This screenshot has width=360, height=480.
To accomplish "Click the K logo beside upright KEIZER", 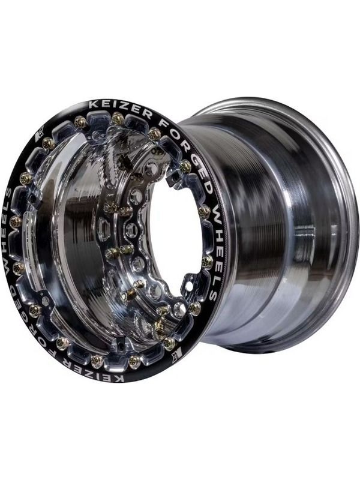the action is [40, 135].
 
